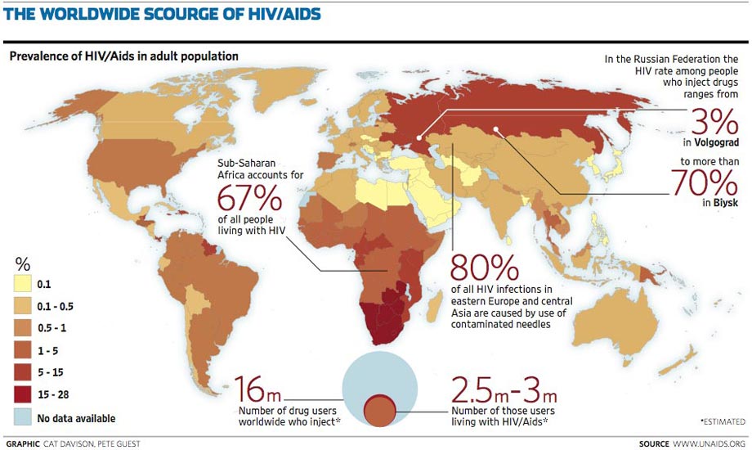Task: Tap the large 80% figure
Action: click(x=485, y=268)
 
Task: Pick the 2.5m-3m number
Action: click(x=505, y=387)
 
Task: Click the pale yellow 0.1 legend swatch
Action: click(x=24, y=285)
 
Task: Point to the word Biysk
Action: click(x=725, y=200)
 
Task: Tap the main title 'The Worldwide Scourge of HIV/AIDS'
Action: click(x=162, y=15)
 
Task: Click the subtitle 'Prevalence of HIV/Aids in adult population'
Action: click(x=123, y=56)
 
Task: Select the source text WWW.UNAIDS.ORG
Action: click(x=709, y=443)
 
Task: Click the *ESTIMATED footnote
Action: click(x=723, y=421)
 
